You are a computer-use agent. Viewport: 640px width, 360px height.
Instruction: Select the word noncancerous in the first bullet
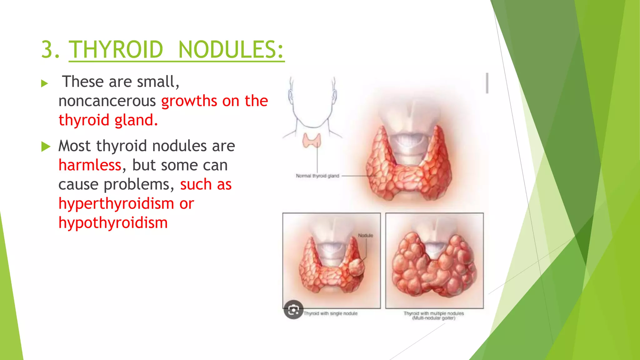click(x=107, y=101)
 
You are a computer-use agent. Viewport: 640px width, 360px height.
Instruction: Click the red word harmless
click(x=90, y=165)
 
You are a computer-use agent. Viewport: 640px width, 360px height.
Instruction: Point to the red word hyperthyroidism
click(x=116, y=204)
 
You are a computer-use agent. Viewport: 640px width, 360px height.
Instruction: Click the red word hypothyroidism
click(x=113, y=223)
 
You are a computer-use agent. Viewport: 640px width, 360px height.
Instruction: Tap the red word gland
click(x=136, y=120)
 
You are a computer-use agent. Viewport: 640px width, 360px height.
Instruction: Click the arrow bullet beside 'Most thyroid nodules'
click(x=46, y=147)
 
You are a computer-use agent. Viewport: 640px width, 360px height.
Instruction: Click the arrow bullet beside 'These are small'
click(x=45, y=83)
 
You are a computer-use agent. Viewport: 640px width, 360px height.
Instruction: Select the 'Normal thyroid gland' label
click(x=317, y=176)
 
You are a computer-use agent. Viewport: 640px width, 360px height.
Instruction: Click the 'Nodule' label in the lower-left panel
click(x=365, y=235)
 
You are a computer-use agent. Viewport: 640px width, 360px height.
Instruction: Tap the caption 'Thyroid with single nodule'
click(x=330, y=313)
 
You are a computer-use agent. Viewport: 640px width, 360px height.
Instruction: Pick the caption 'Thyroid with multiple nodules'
click(x=434, y=313)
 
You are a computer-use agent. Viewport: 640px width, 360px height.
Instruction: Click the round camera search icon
click(x=293, y=310)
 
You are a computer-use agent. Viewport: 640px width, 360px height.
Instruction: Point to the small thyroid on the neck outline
click(x=312, y=140)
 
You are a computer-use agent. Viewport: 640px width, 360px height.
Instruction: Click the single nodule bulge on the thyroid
click(x=356, y=267)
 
